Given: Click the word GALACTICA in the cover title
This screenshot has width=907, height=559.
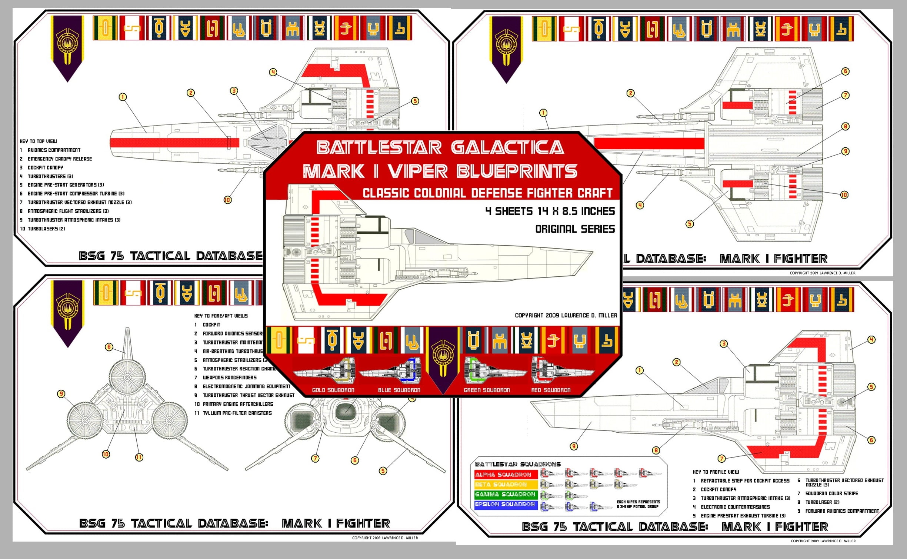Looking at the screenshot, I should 507,148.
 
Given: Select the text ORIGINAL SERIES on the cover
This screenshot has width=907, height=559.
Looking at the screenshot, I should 575,229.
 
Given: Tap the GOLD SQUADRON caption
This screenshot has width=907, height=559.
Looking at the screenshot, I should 333,390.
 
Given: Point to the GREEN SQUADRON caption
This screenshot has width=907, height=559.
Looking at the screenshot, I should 487,390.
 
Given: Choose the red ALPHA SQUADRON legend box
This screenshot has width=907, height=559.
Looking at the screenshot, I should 506,475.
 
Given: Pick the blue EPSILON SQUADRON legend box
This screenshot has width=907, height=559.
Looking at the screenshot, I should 506,505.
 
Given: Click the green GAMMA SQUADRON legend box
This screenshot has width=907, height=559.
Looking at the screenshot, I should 506,495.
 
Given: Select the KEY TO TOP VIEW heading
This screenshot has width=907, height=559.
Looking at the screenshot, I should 38,141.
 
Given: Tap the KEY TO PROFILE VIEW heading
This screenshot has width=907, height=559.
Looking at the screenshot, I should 716,472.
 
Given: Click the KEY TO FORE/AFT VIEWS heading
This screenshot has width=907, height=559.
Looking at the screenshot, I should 221,316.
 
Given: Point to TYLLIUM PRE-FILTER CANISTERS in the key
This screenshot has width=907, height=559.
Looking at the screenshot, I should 237,413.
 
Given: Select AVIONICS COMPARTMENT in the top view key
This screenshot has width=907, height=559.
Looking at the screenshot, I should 54,150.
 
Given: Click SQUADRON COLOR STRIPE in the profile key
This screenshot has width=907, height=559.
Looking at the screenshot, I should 831,493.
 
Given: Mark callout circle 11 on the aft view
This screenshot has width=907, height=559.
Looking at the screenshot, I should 139,457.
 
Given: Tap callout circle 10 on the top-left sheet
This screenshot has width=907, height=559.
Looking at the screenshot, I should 227,200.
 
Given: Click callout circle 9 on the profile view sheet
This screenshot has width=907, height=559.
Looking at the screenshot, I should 574,446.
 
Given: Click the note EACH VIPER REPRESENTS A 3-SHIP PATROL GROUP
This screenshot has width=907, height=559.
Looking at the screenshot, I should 638,504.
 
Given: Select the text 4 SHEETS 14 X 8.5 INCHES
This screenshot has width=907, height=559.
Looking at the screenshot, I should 550,212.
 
